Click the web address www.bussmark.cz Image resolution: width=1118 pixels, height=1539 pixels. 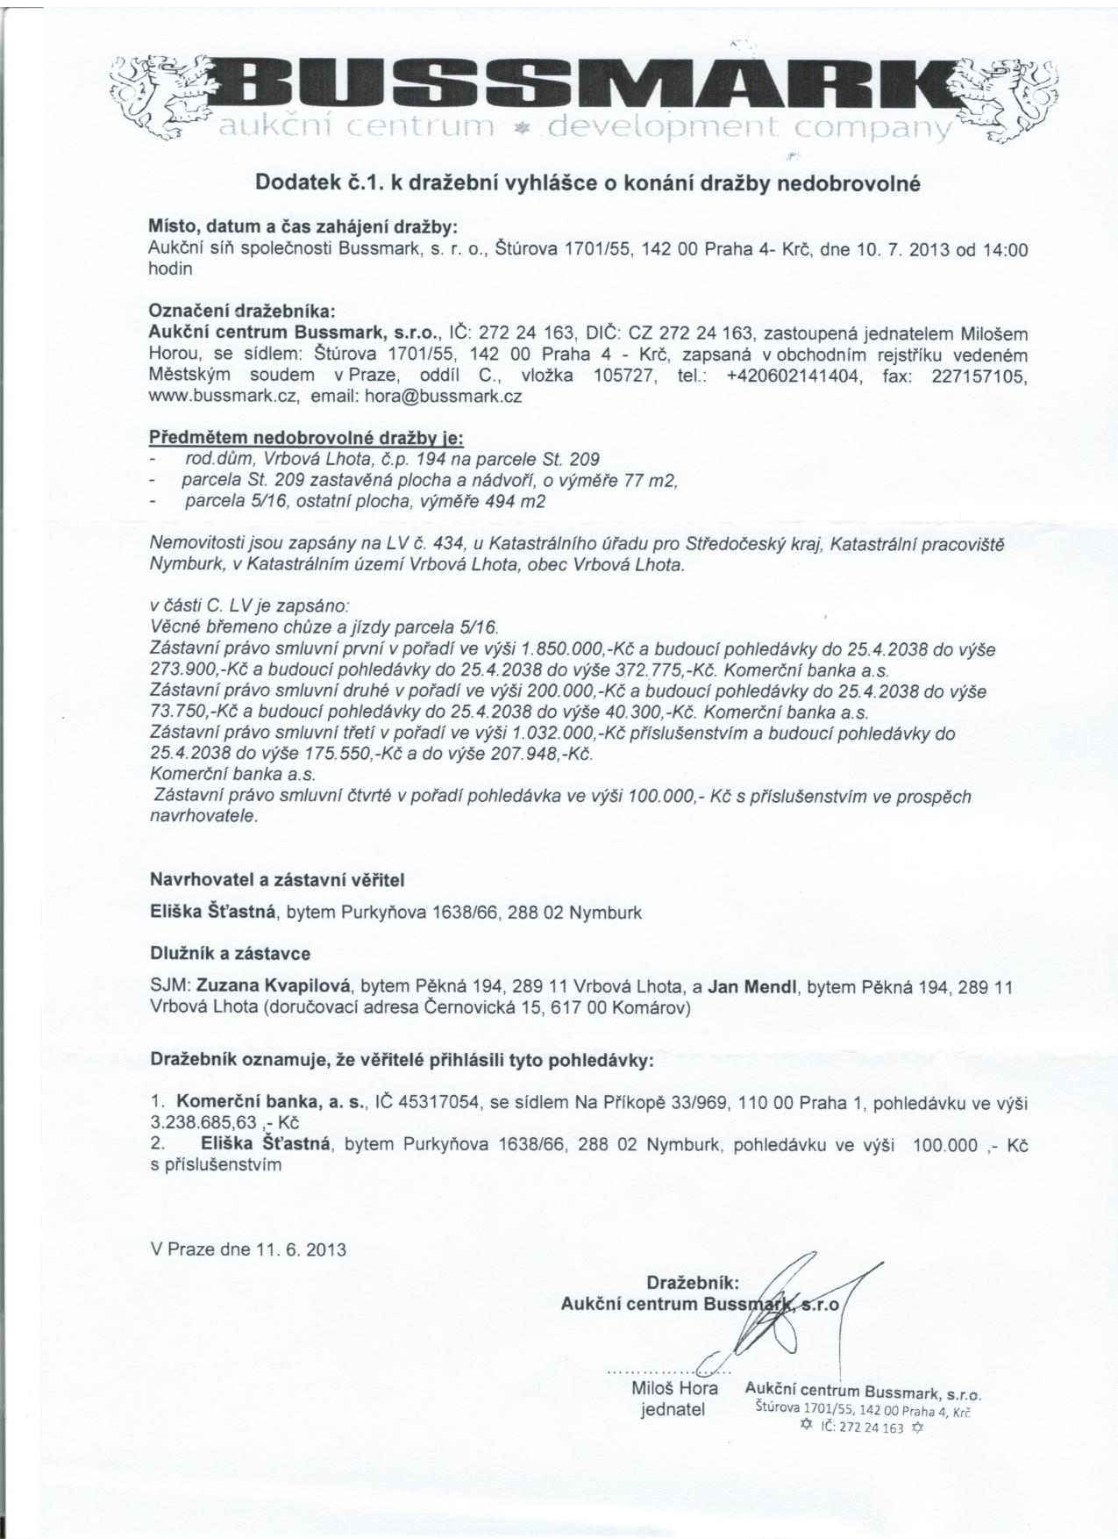pyautogui.click(x=225, y=396)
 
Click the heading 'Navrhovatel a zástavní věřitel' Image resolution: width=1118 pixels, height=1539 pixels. pyautogui.click(x=277, y=878)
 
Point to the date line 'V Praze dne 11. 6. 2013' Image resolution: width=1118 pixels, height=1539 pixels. pyautogui.click(x=248, y=1249)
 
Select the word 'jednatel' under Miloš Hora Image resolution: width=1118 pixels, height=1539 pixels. pyautogui.click(x=673, y=1410)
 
